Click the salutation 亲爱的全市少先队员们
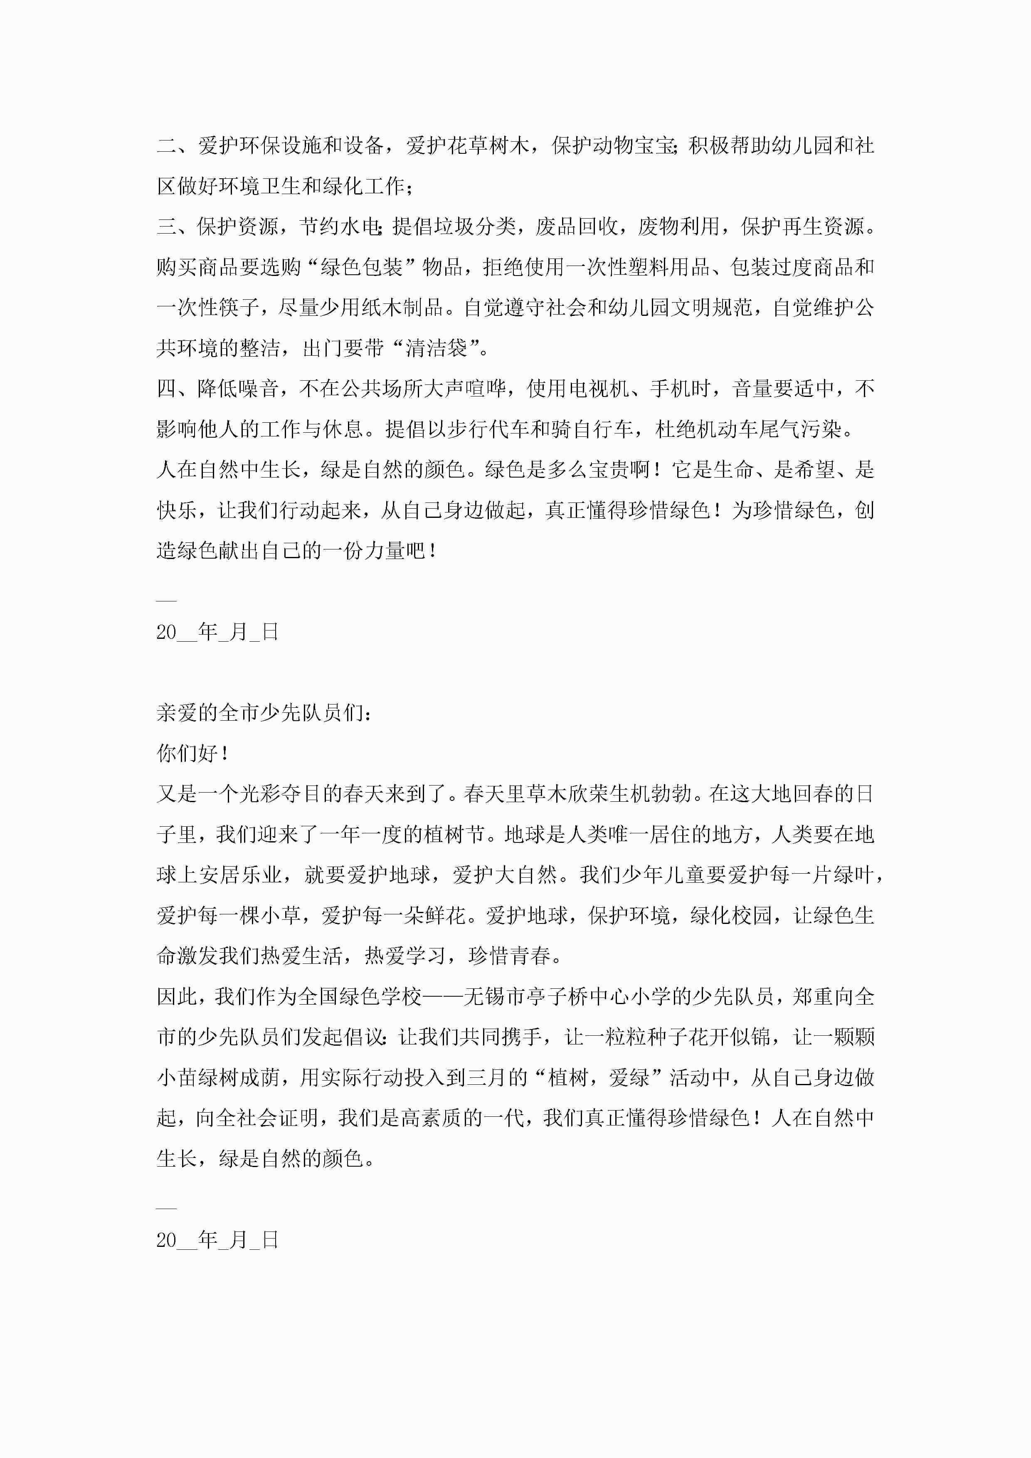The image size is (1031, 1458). click(x=259, y=713)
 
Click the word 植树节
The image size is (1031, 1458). click(x=455, y=835)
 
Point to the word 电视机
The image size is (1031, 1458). click(x=598, y=389)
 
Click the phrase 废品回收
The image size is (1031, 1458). click(x=577, y=227)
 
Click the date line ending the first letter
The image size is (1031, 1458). click(x=217, y=632)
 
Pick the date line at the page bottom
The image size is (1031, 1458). click(x=217, y=1240)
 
